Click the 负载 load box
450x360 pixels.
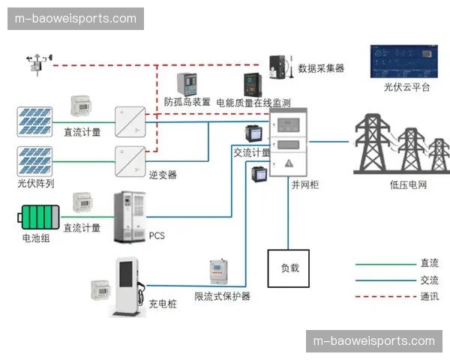pos(289,268)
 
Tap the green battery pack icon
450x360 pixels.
pos(38,218)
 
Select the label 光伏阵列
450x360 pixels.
pos(36,183)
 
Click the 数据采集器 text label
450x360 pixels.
pos(321,68)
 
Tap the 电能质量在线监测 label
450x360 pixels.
pos(253,103)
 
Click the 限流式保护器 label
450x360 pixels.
pos(222,296)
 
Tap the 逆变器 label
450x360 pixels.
pos(163,175)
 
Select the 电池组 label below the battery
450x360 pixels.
pos(36,239)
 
